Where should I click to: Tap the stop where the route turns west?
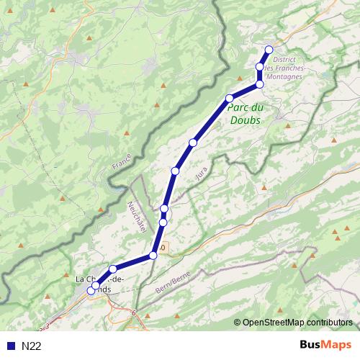(260, 84)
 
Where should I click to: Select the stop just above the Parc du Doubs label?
(229, 98)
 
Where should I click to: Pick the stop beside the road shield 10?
(153, 256)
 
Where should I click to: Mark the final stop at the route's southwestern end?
(91, 290)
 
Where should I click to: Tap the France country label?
(120, 161)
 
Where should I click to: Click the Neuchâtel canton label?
(138, 216)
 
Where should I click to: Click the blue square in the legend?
(11, 346)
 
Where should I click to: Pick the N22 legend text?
(31, 346)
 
